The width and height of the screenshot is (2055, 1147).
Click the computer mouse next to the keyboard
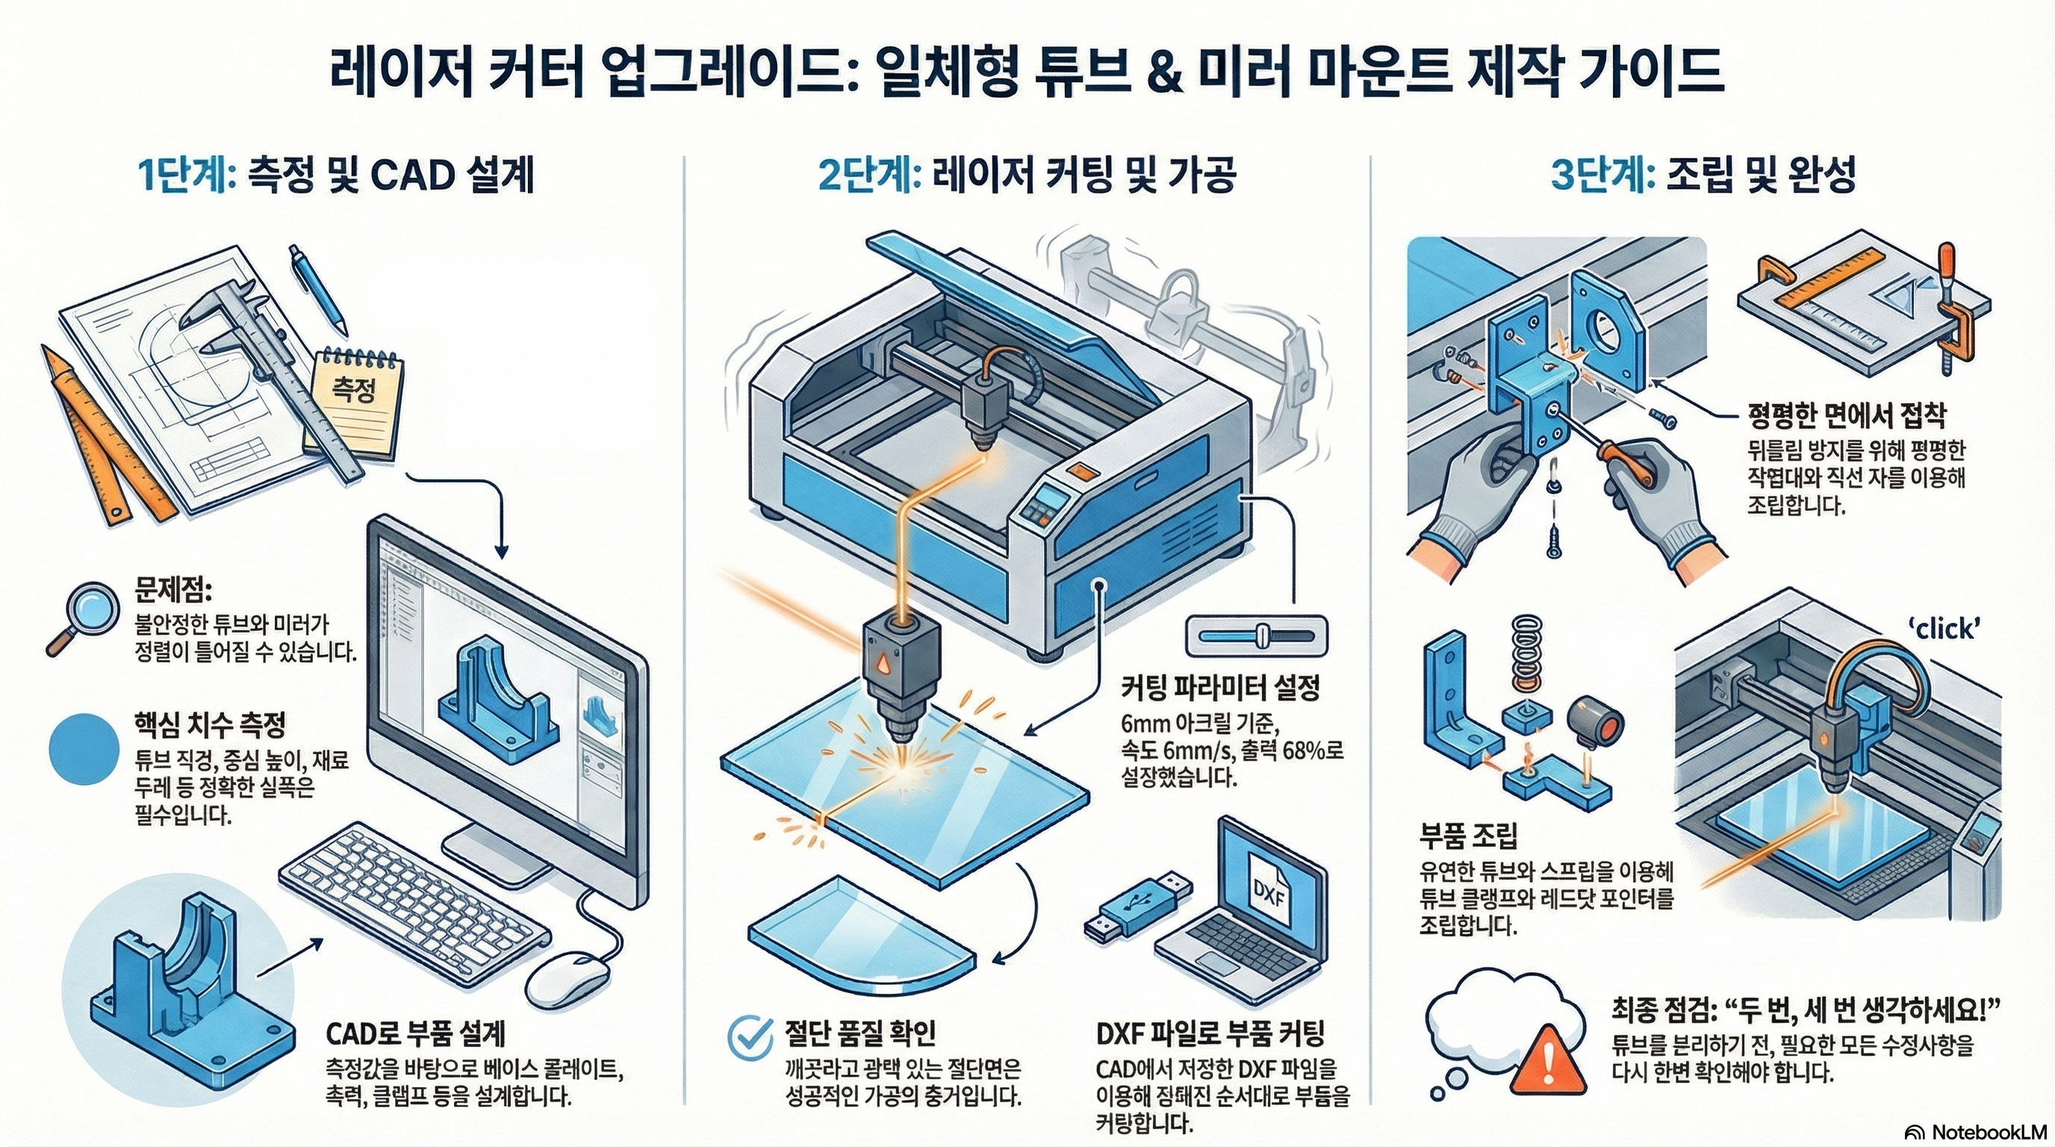point(571,977)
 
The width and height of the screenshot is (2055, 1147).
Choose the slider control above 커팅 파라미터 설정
point(1257,635)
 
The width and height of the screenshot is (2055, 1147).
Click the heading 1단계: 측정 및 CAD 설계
point(336,175)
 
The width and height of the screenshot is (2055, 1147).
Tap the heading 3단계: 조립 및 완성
point(1703,175)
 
